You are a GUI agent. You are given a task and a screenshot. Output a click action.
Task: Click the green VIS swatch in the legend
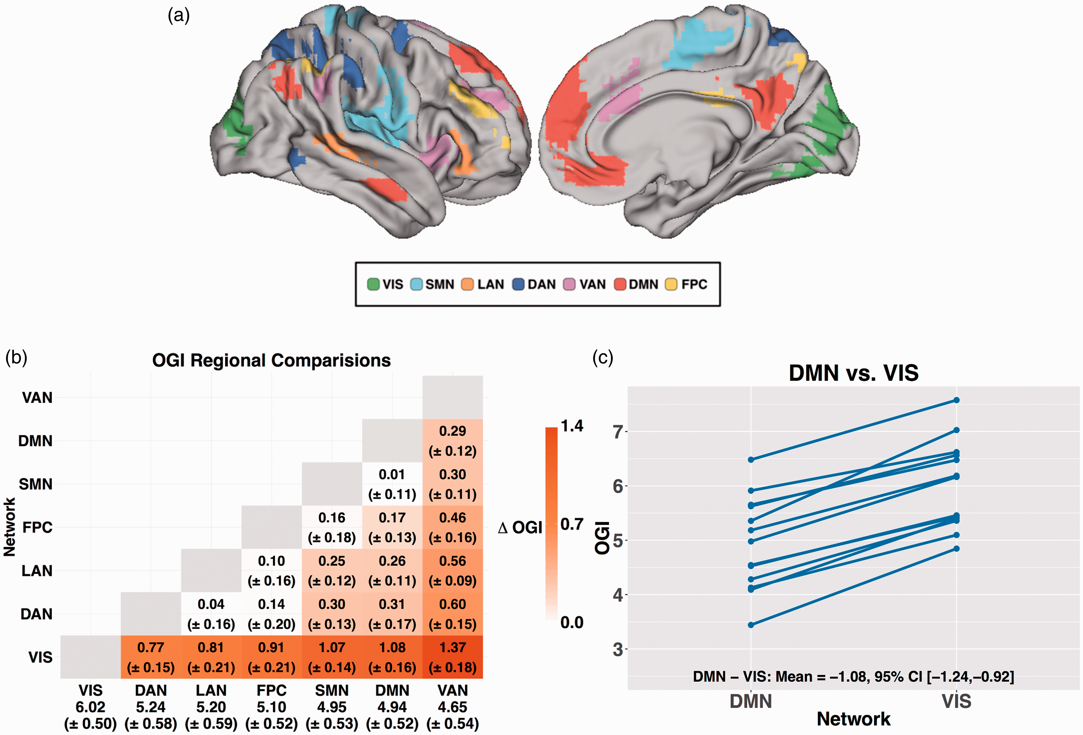pyautogui.click(x=373, y=284)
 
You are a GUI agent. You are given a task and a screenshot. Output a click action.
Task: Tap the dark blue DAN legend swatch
pyautogui.click(x=518, y=284)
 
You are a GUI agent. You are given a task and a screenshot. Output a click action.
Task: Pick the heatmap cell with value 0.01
pyautogui.click(x=392, y=484)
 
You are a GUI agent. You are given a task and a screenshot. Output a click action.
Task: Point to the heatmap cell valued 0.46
pyautogui.click(x=453, y=527)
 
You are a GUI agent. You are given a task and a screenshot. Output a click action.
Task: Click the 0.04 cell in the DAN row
pyautogui.click(x=211, y=614)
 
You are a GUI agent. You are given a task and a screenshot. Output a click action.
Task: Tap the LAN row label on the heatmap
pyautogui.click(x=37, y=570)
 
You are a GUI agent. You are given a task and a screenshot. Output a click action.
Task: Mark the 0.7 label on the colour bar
pyautogui.click(x=572, y=524)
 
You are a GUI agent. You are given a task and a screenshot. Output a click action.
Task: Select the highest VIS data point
pyautogui.click(x=956, y=400)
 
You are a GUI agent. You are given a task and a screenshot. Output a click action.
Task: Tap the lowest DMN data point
pyautogui.click(x=751, y=625)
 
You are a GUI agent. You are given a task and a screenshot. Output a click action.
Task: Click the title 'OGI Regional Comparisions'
pyautogui.click(x=271, y=360)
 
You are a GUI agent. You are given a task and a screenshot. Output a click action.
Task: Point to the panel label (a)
pyautogui.click(x=178, y=16)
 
